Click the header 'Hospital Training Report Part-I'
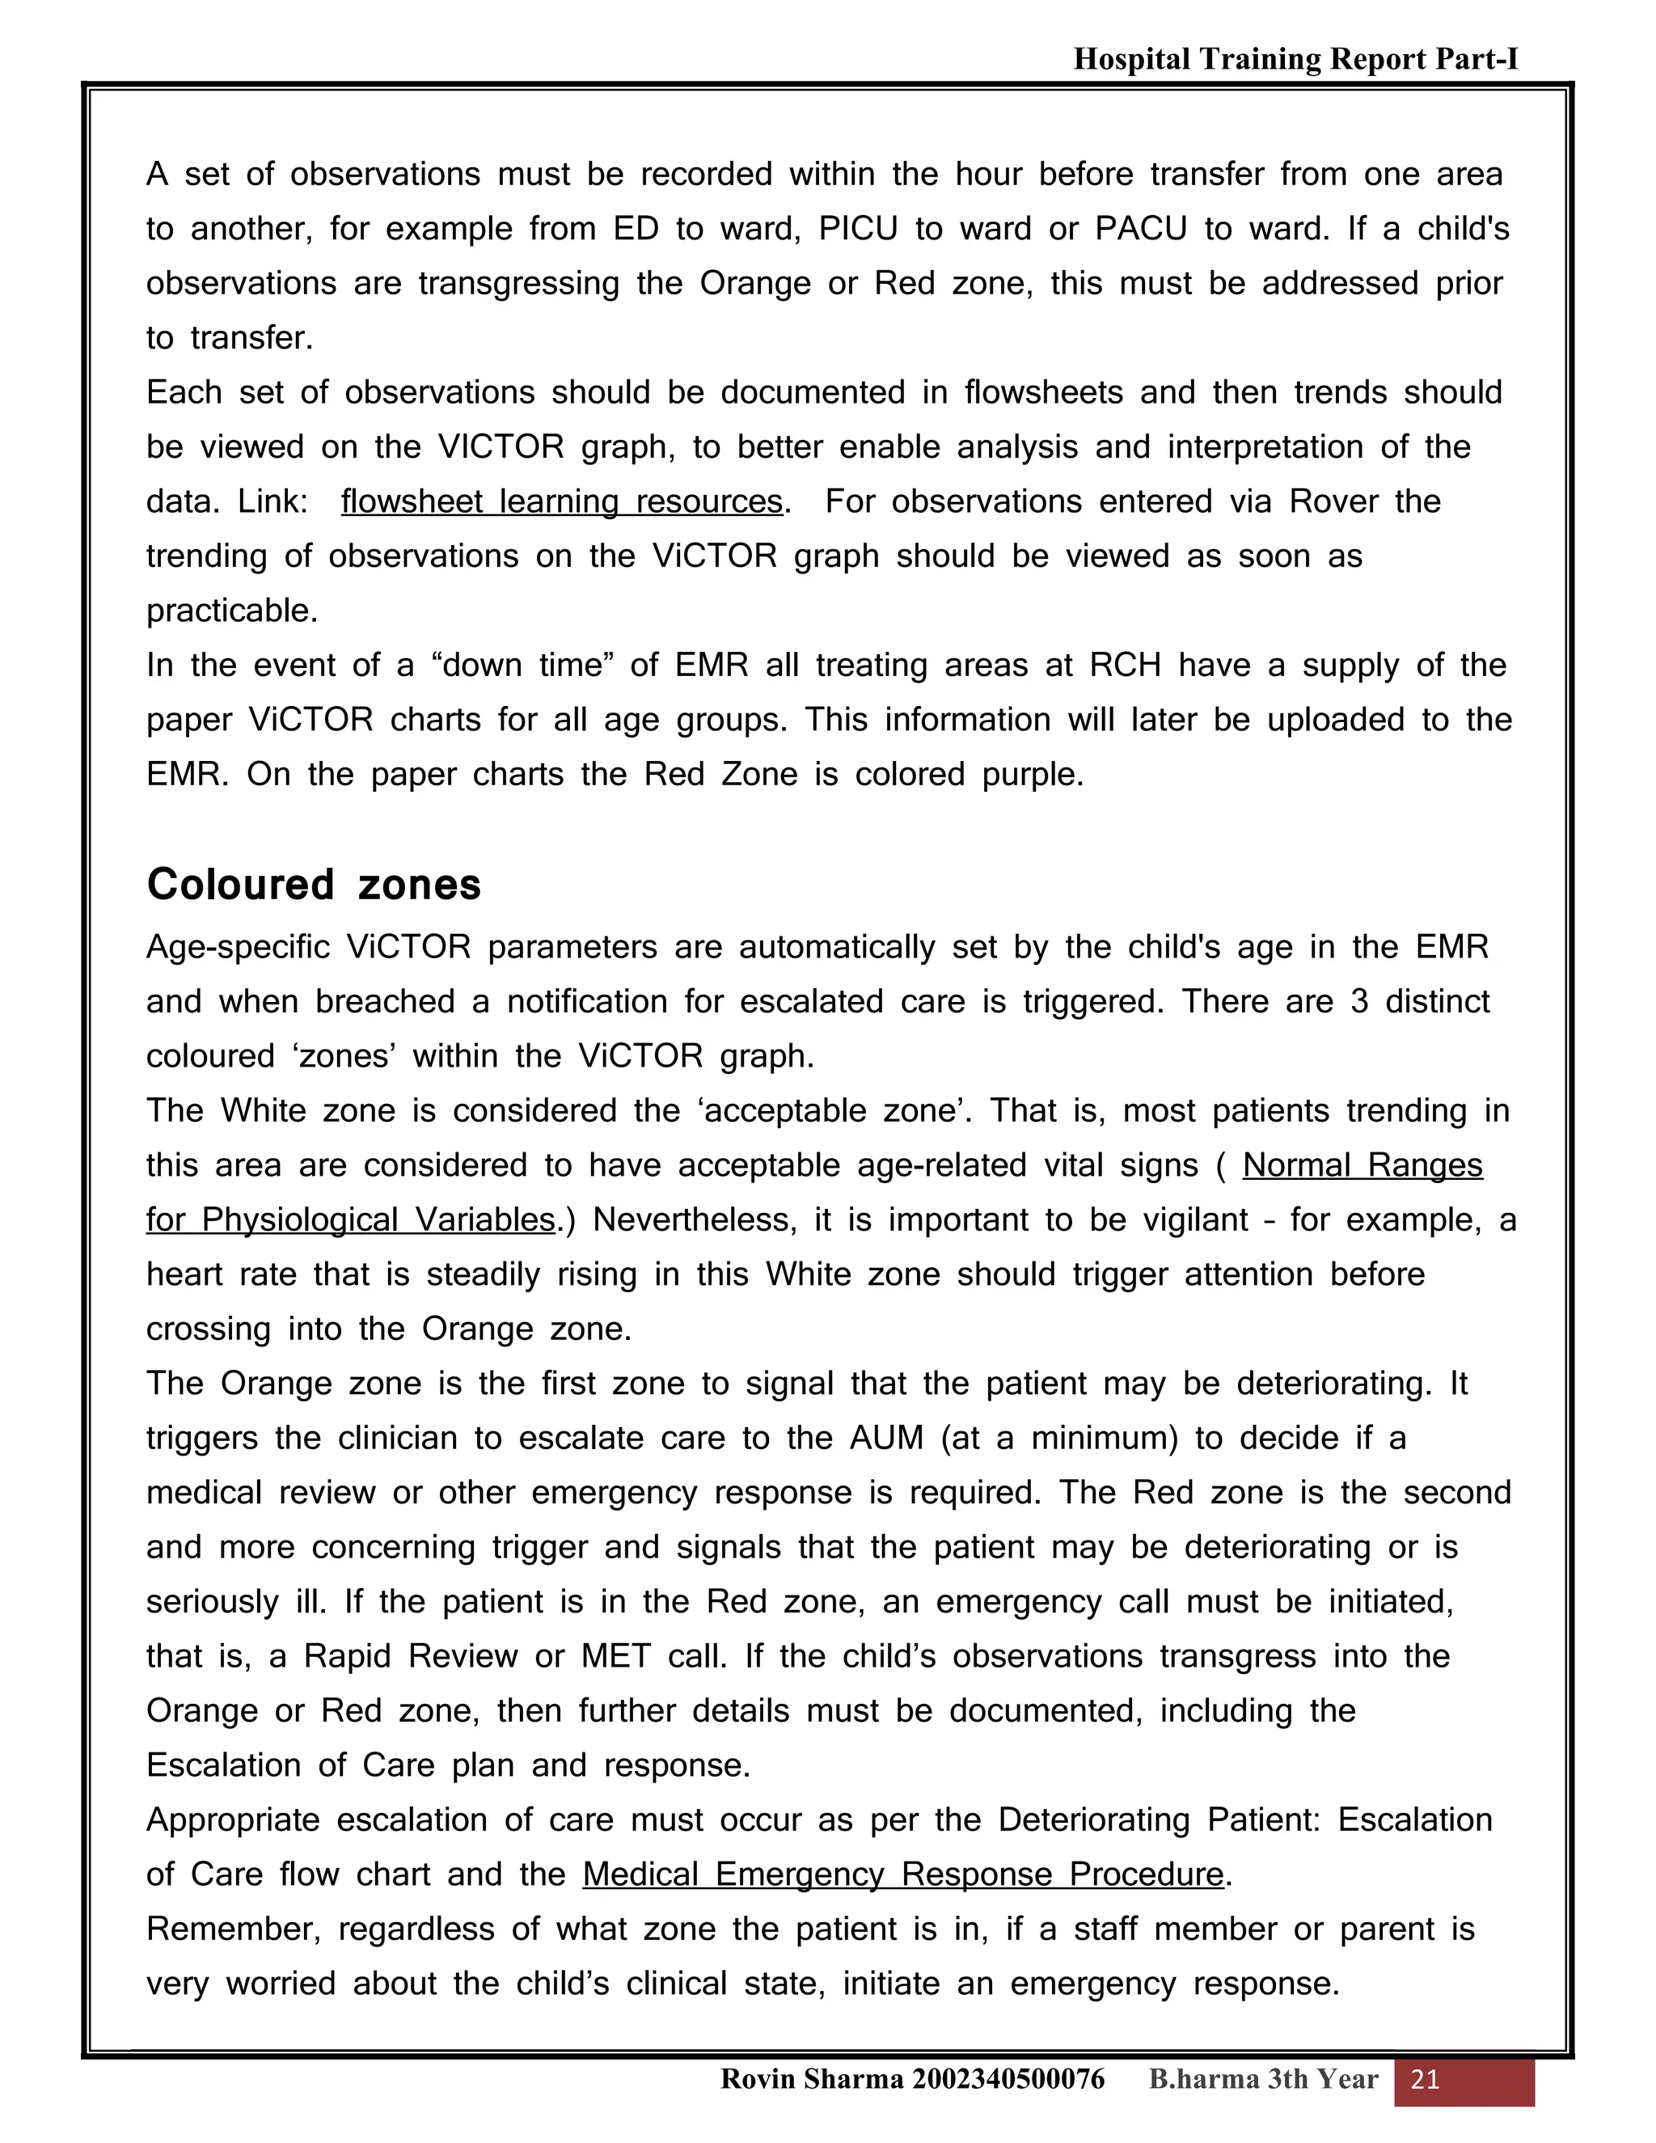pos(1295,59)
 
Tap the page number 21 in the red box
pos(1425,2079)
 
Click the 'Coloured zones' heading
pos(313,884)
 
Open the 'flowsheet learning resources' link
pos(561,501)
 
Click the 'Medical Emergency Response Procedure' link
pos(902,1875)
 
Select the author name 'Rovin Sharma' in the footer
pos(811,2079)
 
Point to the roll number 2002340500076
pos(1008,2079)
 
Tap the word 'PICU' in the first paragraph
pos(859,229)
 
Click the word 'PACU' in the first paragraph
pos(1141,229)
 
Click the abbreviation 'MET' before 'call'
pos(616,1656)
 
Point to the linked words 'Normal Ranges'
pos(1362,1164)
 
